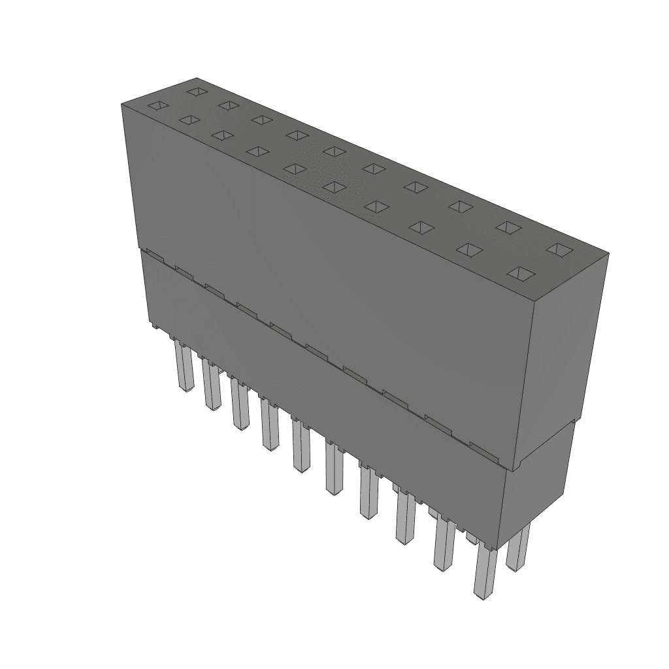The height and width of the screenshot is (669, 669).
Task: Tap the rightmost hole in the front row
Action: [520, 273]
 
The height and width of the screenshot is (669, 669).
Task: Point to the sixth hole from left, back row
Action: [374, 168]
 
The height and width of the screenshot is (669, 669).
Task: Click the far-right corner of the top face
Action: [608, 253]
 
